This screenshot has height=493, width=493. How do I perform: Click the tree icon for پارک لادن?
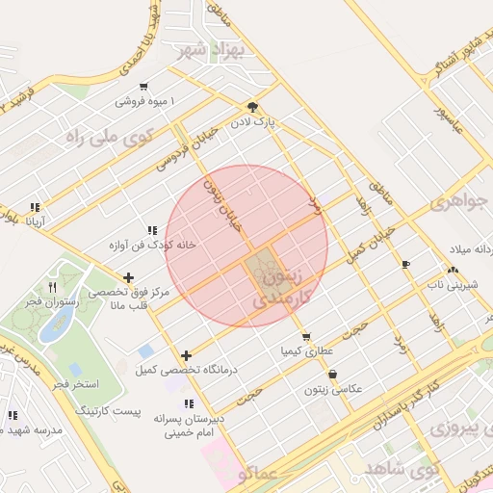pyautogui.click(x=252, y=107)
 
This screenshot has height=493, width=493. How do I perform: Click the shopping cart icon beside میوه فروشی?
pyautogui.click(x=143, y=86)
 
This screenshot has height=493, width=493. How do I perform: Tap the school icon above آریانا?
pyautogui.click(x=36, y=207)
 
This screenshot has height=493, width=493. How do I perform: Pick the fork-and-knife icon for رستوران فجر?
pyautogui.click(x=53, y=286)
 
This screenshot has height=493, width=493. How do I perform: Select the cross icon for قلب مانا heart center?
pyautogui.click(x=128, y=278)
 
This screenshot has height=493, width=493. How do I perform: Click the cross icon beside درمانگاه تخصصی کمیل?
pyautogui.click(x=186, y=355)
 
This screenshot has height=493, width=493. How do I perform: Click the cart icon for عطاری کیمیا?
pyautogui.click(x=305, y=337)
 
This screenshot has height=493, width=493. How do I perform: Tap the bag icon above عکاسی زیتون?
pyautogui.click(x=332, y=375)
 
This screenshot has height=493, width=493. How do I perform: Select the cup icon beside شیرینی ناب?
pyautogui.click(x=405, y=264)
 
